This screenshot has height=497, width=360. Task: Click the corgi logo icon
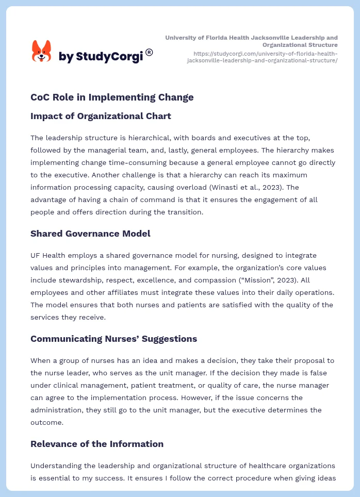click(x=42, y=51)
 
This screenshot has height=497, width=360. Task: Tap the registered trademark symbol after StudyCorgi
click(x=149, y=52)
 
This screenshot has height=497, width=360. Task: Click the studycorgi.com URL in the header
click(x=265, y=57)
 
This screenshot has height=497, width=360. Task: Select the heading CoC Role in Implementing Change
click(x=112, y=97)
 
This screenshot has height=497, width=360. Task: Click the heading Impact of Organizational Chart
click(x=101, y=116)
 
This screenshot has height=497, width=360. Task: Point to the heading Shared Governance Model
click(x=90, y=234)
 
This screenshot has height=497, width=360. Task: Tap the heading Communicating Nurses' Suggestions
click(x=113, y=339)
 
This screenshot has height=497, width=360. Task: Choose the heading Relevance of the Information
click(x=97, y=444)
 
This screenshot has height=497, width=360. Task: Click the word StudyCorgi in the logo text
click(x=109, y=56)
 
